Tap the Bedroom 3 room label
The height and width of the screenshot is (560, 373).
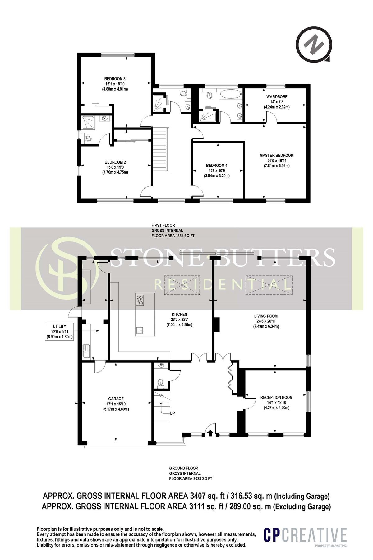coord(115,79)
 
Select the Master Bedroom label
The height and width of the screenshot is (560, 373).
coord(276,155)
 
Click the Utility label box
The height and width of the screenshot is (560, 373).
coord(59,331)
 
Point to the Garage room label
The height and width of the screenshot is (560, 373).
coord(116,399)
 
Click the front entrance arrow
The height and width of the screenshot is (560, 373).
coord(210,433)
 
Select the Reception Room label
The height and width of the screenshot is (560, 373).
coord(276,397)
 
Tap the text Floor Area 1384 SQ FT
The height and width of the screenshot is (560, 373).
coord(173,236)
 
